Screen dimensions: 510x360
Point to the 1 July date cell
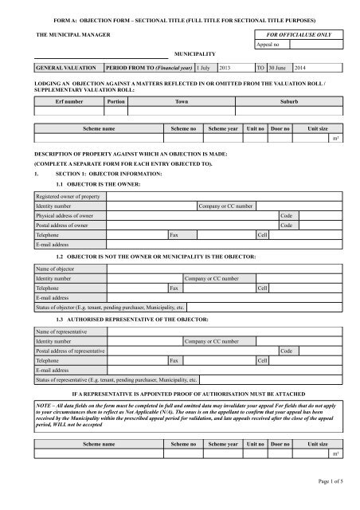pyautogui.click(x=205, y=69)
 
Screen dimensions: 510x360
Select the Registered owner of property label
pyautogui.click(x=68, y=196)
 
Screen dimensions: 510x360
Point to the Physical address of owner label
pyautogui.click(x=64, y=215)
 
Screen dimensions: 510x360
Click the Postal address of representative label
pyautogui.click(x=70, y=351)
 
